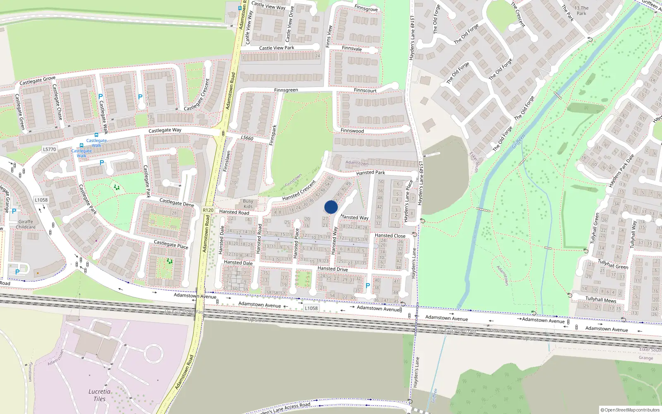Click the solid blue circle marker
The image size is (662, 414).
(331, 207)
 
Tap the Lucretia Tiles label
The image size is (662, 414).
(99, 395)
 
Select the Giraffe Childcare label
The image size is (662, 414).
(26, 224)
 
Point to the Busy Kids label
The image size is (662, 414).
(248, 204)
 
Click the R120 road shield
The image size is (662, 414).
(208, 210)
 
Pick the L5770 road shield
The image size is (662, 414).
(49, 149)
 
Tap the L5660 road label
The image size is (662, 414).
(247, 138)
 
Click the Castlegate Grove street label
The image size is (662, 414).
(37, 80)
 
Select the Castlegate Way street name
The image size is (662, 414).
(165, 130)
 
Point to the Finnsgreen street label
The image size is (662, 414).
(286, 90)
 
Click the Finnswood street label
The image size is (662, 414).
(352, 131)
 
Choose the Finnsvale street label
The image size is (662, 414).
(352, 48)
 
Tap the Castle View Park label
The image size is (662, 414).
(276, 48)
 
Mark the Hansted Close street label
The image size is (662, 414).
(390, 236)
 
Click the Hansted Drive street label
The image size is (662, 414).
(333, 269)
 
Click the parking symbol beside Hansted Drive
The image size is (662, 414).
(368, 286)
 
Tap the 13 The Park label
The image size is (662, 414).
(581, 10)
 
